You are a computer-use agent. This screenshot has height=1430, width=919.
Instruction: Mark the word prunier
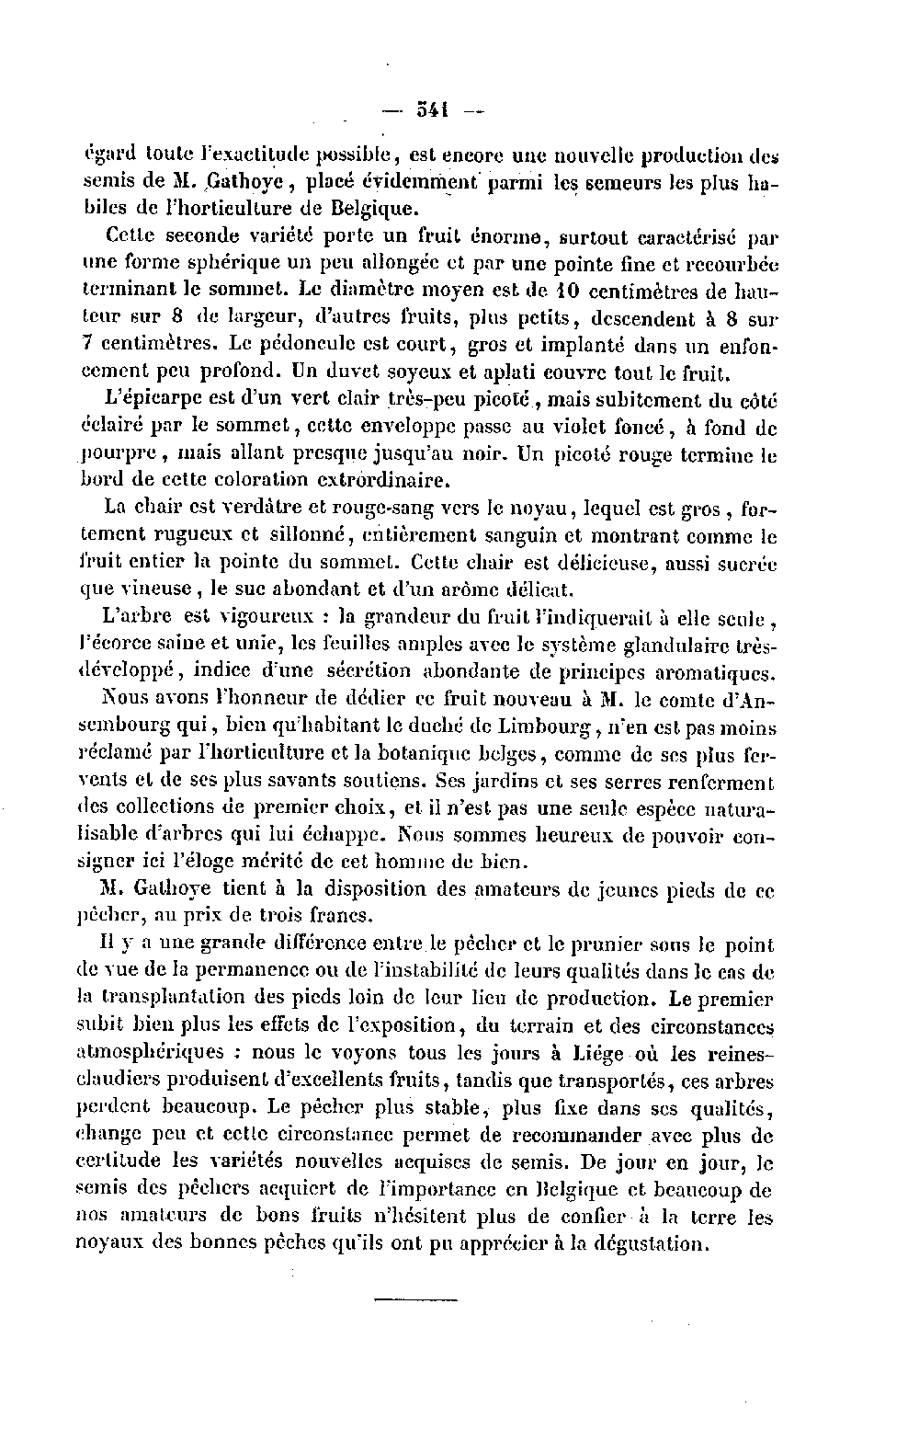[x=583, y=944]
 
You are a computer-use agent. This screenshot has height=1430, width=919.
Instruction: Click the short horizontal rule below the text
[x=415, y=1299]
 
